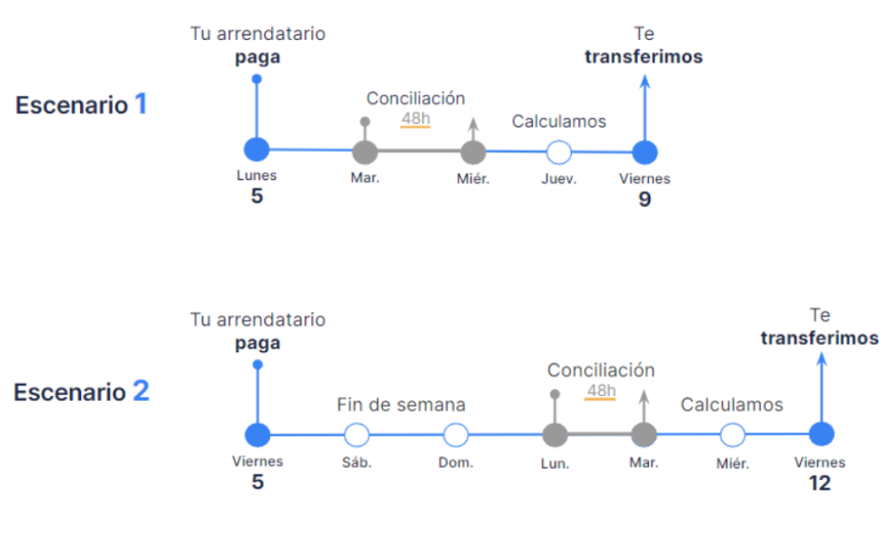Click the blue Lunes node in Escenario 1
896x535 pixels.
coord(256,150)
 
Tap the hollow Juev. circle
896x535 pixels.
coord(559,153)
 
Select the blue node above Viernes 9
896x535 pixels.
coord(645,153)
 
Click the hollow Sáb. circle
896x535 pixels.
coord(357,435)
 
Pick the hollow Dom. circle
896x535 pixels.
coord(455,435)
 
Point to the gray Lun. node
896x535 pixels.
coord(554,435)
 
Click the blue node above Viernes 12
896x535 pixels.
coord(821,434)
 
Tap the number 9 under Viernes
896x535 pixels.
coord(645,199)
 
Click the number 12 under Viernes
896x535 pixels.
coord(820,484)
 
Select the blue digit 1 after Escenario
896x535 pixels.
coord(141,103)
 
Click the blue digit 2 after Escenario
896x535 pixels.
coord(141,391)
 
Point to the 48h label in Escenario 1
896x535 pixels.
coord(415,118)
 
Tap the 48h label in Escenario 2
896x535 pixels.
coord(601,391)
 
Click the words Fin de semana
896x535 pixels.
coord(400,405)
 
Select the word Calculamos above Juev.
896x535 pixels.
coord(559,121)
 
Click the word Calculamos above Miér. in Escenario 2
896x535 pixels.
coord(731,405)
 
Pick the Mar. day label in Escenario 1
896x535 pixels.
coord(365,178)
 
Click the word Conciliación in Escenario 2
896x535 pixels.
coord(601,370)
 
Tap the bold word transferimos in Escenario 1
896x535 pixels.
coord(644,57)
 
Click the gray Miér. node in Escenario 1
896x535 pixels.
coord(473,153)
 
